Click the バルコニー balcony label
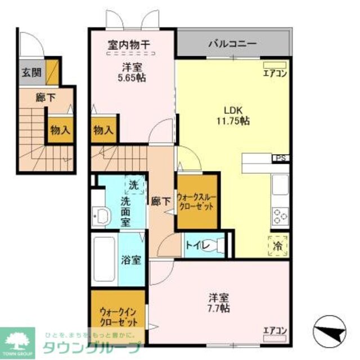[x=232, y=43]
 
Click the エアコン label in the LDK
[x=275, y=73]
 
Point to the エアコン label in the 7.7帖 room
[x=275, y=330]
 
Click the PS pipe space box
[x=280, y=159]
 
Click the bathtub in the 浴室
[x=104, y=255]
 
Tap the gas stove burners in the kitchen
[x=280, y=215]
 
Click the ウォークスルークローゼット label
[x=196, y=202]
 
